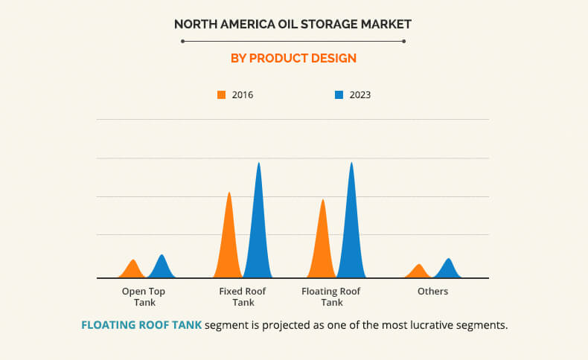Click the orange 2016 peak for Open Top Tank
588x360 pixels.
pos(133,269)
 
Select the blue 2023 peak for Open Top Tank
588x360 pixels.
pos(162,267)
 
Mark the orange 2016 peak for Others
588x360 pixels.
pos(420,271)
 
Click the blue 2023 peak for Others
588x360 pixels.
pos(448,269)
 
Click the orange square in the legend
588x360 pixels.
pos(221,95)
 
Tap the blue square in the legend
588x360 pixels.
pos(339,95)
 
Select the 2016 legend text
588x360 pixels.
pos(243,95)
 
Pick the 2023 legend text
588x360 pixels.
pos(359,95)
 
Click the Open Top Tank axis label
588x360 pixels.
pos(144,297)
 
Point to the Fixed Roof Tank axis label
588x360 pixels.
pos(243,297)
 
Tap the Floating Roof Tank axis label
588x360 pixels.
pos(331,297)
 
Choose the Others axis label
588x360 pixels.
pos(432,292)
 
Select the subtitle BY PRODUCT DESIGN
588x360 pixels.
pos(293,58)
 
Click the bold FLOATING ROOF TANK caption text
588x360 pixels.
pos(141,326)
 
